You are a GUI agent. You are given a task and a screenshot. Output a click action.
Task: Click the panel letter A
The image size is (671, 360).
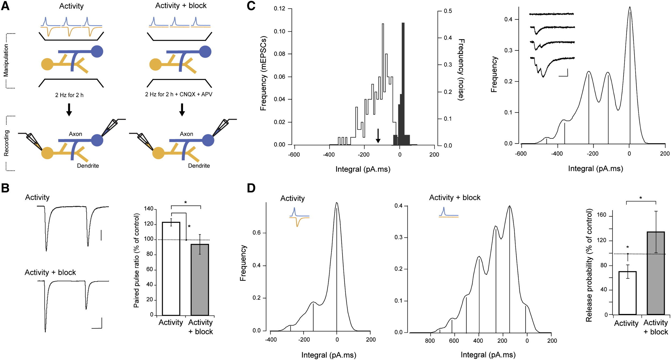(5, 6)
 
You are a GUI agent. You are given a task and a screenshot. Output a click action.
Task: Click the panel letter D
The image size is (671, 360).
(251, 188)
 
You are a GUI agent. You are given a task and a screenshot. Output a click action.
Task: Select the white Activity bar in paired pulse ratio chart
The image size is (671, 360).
(171, 268)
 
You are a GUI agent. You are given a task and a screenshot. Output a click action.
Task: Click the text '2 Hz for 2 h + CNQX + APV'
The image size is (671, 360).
(178, 94)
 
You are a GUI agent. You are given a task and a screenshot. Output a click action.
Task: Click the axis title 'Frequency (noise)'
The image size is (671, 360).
(461, 70)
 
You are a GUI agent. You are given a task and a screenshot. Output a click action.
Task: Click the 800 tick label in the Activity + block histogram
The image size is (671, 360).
(430, 341)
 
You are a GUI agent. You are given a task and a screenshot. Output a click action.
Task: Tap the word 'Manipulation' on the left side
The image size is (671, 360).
(6, 61)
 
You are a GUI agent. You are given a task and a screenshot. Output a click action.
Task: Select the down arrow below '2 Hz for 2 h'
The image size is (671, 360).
(69, 109)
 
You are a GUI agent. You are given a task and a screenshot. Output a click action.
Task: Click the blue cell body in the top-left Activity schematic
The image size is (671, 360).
(97, 52)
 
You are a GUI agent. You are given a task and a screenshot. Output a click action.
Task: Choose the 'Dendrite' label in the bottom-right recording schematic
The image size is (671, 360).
(199, 166)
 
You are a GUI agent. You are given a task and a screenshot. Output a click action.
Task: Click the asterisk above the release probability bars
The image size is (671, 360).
(641, 198)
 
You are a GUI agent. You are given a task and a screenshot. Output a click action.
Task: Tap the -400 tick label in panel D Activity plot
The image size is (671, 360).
(271, 340)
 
